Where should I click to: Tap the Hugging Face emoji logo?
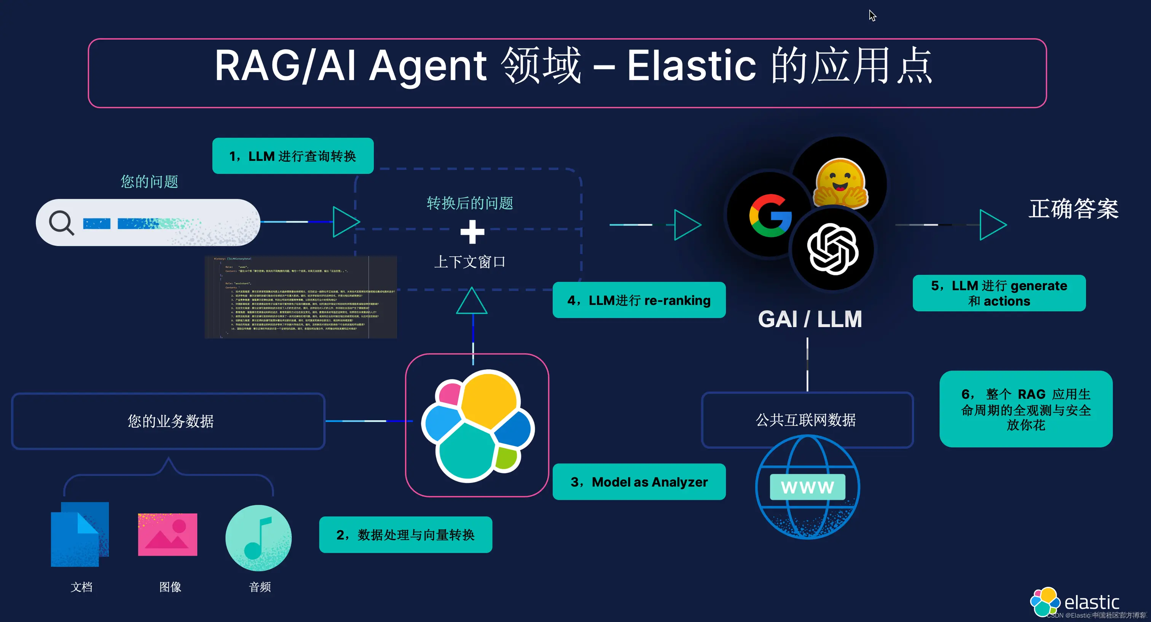(840, 183)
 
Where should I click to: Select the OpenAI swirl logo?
(832, 249)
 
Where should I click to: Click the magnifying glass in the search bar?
(61, 222)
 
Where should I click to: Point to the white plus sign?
(472, 232)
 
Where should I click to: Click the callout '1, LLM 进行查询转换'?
(293, 156)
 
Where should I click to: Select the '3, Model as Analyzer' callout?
(639, 482)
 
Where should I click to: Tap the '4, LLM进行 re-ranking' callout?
(639, 300)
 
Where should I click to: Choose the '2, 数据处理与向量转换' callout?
(405, 535)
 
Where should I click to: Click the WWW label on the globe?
(807, 487)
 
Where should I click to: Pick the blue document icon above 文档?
(80, 534)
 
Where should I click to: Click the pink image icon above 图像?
(167, 535)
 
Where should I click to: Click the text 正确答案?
(1073, 209)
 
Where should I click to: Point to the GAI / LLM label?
(810, 319)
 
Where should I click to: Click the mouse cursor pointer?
(872, 15)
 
